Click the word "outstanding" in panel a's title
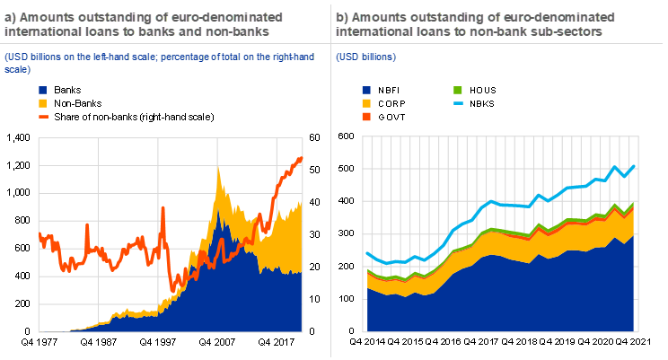[x=97, y=17]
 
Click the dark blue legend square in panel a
[x=43, y=90]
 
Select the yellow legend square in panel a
[x=43, y=103]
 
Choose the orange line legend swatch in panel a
[x=43, y=116]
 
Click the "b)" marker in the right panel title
[x=342, y=17]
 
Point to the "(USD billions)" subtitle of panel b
[x=366, y=57]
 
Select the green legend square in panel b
[x=458, y=90]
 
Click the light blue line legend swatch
[x=458, y=103]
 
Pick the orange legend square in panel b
[x=366, y=117]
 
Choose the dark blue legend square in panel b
[x=366, y=90]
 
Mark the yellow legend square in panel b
[x=366, y=103]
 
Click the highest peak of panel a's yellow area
[x=219, y=169]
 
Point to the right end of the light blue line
[x=636, y=166]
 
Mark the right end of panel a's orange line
[x=303, y=158]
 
